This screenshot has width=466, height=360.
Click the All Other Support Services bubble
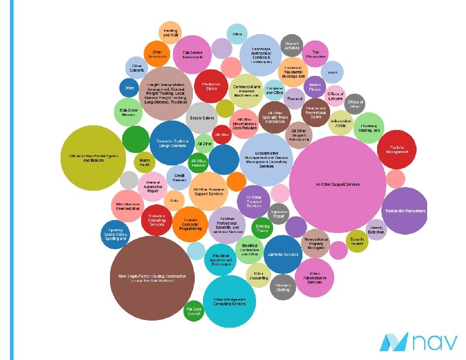pyautogui.click(x=337, y=184)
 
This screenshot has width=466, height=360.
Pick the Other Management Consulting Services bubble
pyautogui.click(x=229, y=301)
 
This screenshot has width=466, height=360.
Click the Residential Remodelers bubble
pyautogui.click(x=405, y=211)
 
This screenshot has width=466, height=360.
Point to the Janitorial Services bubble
pyautogui.click(x=283, y=254)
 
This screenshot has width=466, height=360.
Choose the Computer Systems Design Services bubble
pyautogui.click(x=172, y=142)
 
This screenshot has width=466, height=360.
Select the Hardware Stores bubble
pyautogui.click(x=215, y=86)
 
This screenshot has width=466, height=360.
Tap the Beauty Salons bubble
pyautogui.click(x=201, y=118)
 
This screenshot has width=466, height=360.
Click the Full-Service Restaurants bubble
pyautogui.click(x=192, y=55)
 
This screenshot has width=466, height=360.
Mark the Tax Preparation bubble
pyautogui.click(x=316, y=53)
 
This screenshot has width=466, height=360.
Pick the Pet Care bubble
pyautogui.click(x=194, y=312)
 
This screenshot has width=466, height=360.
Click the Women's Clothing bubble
pyautogui.click(x=283, y=287)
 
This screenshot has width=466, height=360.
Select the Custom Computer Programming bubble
pyautogui.click(x=188, y=222)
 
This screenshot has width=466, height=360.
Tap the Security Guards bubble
pyautogui.click(x=357, y=241)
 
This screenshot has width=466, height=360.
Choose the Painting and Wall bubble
pyautogui.click(x=171, y=32)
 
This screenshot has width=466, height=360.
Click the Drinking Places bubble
pyautogui.click(x=262, y=227)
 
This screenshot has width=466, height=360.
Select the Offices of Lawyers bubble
pyautogui.click(x=335, y=95)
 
